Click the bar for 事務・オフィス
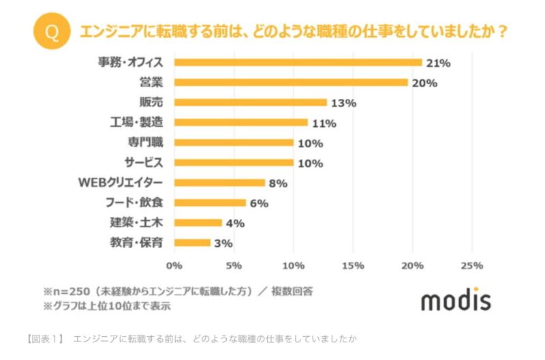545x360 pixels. [298, 62]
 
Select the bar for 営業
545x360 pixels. [291, 82]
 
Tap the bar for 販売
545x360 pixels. [251, 102]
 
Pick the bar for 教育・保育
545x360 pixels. [192, 242]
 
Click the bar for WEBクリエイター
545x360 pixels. [219, 182]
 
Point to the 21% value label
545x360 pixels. [439, 63]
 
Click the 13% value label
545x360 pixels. [344, 103]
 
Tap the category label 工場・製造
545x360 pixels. [136, 123]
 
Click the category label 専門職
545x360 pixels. [144, 142]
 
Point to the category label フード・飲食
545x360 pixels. [135, 202]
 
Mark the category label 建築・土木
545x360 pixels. [136, 222]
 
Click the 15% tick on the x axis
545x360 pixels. [353, 265]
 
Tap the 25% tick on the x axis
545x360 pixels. [472, 265]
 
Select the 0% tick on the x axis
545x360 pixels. [174, 265]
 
